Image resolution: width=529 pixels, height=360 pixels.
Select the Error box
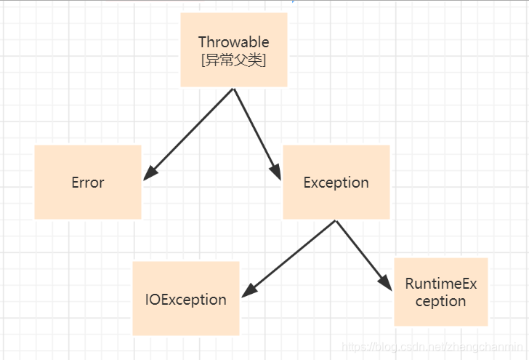pyautogui.click(x=87, y=182)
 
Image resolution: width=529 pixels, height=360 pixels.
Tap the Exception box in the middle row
pyautogui.click(x=336, y=182)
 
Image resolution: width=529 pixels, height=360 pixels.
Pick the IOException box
pyautogui.click(x=185, y=298)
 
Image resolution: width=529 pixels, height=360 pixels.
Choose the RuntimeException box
pyautogui.click(x=440, y=292)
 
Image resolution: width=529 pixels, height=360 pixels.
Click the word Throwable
pyautogui.click(x=233, y=42)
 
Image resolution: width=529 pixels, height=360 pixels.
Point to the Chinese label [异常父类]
pyautogui.click(x=233, y=60)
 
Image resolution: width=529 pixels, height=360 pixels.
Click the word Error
pyautogui.click(x=87, y=183)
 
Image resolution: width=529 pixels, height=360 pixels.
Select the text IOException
pyautogui.click(x=185, y=300)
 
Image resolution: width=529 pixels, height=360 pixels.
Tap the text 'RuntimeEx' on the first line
pyautogui.click(x=440, y=284)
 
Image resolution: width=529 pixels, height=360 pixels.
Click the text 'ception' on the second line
pyautogui.click(x=440, y=301)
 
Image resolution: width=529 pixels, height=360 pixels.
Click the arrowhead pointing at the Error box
pyautogui.click(x=150, y=173)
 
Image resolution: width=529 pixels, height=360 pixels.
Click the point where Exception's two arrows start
pyautogui.click(x=336, y=220)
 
